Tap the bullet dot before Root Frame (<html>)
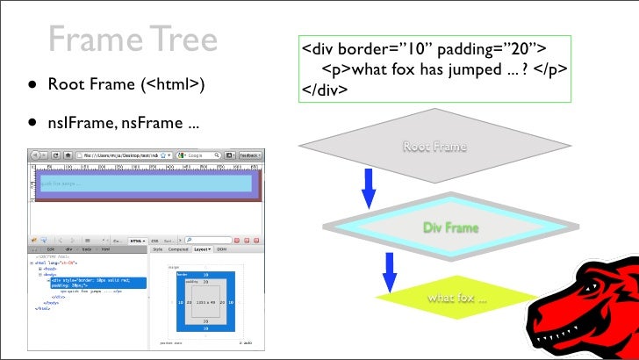point(31,86)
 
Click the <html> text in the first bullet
point(174,85)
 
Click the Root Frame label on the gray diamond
point(434,147)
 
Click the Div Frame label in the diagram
point(451,228)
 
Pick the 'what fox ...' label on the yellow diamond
point(457,299)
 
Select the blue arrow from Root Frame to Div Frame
point(368,187)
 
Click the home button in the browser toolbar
point(68,155)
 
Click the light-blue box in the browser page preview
point(145,184)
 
